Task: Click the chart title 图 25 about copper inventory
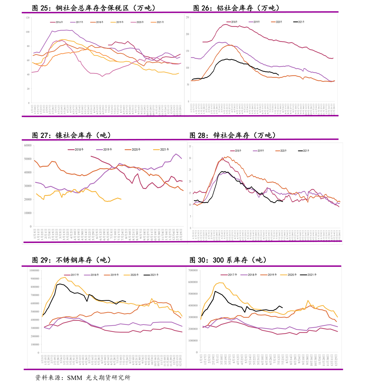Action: coord(94,8)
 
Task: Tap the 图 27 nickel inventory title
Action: coord(71,135)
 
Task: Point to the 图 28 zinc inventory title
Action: coord(232,135)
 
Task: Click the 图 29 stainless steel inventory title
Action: coord(71,260)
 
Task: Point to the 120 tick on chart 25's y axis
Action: coord(28,18)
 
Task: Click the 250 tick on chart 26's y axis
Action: coord(187,18)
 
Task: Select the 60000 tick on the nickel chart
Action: coord(28,146)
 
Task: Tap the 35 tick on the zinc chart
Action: coord(190,147)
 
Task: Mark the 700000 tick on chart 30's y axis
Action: coord(193,271)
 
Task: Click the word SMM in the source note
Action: coord(75,378)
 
